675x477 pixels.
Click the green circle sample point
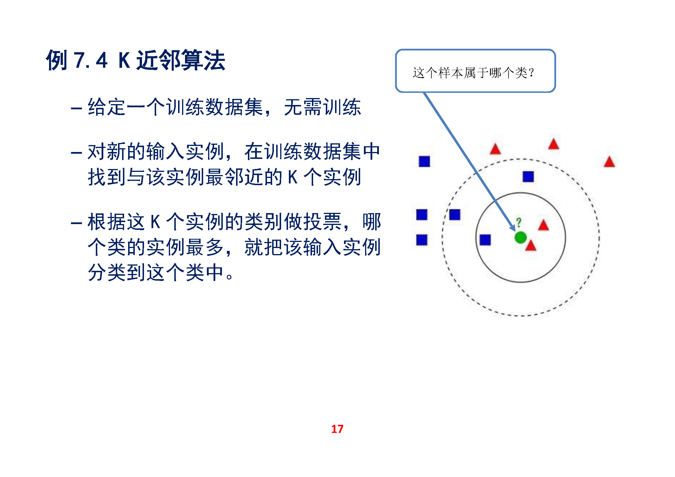520,237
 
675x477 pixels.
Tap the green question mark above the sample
519,222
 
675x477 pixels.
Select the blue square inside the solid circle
485,240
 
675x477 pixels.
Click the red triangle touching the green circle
531,245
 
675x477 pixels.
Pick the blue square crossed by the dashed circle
455,214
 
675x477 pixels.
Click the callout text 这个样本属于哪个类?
473,73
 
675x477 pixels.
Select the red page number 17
337,429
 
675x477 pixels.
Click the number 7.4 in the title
91,60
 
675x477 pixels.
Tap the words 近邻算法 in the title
181,60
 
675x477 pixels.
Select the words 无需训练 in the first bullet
322,107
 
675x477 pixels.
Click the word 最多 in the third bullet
205,247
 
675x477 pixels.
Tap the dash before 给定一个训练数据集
76,108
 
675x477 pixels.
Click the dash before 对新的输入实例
76,153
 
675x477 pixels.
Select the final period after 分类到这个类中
229,277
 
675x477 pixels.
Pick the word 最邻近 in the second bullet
234,177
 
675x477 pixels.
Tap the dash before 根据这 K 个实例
76,223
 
